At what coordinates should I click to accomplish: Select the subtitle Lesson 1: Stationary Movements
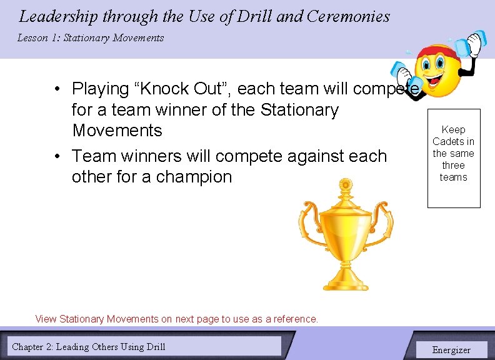pyautogui.click(x=91, y=38)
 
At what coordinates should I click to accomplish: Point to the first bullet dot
pyautogui.click(x=57, y=89)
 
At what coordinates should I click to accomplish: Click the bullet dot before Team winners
pyautogui.click(x=57, y=156)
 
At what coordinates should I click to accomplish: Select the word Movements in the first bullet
pyautogui.click(x=117, y=131)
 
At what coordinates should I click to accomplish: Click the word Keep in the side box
pyautogui.click(x=453, y=129)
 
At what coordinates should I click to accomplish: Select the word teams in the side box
pyautogui.click(x=453, y=177)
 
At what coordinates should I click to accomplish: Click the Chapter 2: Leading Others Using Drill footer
pyautogui.click(x=89, y=346)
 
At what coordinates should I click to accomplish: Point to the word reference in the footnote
pyautogui.click(x=295, y=319)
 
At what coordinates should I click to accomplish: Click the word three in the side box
pyautogui.click(x=453, y=166)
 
